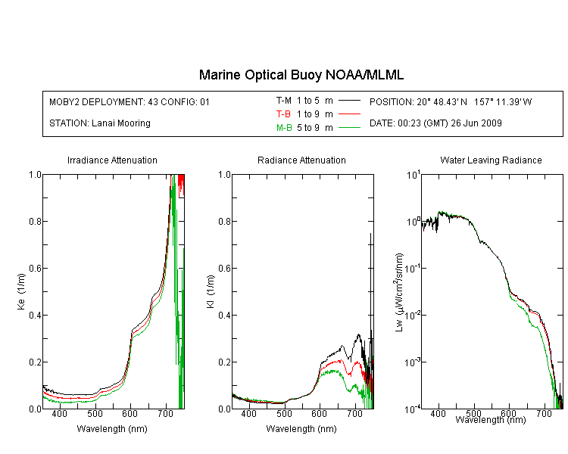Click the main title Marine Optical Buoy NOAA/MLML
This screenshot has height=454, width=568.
point(301,75)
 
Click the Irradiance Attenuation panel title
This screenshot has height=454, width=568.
point(112,160)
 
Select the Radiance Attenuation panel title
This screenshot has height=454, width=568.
point(301,160)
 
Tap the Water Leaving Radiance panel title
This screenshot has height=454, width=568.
point(491,160)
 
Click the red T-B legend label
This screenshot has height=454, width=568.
point(283,114)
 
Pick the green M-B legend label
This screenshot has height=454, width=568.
point(284,128)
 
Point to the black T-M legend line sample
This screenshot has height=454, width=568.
point(349,101)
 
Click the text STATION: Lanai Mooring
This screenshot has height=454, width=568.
point(100,123)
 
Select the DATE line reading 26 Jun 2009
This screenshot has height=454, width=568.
point(435,123)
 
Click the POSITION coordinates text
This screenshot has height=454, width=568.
point(451,101)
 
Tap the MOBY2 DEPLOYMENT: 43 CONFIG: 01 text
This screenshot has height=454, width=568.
point(130,101)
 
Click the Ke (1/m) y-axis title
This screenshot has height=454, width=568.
point(21,292)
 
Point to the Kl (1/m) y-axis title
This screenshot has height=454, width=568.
point(210,292)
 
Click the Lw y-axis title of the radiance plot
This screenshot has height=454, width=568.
point(399,292)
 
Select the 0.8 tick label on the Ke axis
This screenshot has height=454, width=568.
point(35,221)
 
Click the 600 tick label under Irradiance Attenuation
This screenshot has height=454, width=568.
point(130,413)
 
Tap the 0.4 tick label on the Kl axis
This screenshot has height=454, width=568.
point(224,315)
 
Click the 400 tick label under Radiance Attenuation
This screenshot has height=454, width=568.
point(248,413)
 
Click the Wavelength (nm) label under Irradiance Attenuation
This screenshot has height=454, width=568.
point(112,429)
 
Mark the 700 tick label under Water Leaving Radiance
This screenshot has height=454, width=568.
point(544,413)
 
